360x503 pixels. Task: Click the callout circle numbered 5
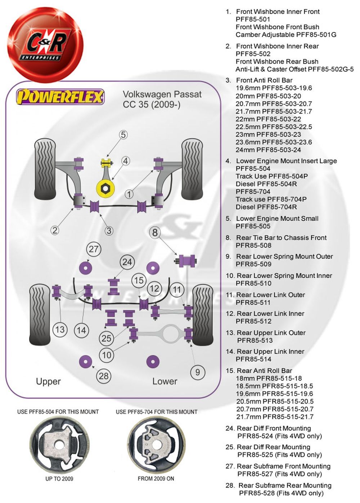coord(123,135)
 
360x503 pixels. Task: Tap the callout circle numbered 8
coord(155,232)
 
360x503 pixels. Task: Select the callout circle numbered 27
coord(94,249)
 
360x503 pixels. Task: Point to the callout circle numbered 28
coord(104,376)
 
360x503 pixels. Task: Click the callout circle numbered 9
coord(198,372)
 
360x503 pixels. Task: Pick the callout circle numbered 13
coord(60,329)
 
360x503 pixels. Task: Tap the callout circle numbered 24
coord(127,262)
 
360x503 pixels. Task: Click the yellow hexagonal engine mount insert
coord(105,188)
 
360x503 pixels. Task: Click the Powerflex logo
coord(60,97)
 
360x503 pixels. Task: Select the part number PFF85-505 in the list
coord(253,226)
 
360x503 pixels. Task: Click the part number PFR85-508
coord(253,245)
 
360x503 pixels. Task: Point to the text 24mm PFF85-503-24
coord(268,150)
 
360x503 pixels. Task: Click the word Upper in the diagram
coord(48,382)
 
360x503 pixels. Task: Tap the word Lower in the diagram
coord(165,381)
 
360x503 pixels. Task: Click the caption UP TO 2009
coord(59,479)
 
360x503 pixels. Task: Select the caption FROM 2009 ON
coord(156,479)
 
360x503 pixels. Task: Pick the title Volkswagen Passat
coord(162,95)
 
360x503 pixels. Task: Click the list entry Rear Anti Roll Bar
coord(265,371)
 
